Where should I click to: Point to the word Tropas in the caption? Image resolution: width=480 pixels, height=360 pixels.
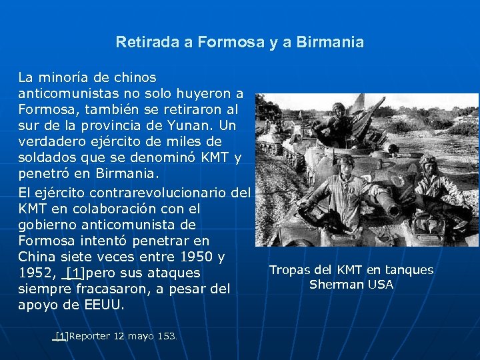(289, 270)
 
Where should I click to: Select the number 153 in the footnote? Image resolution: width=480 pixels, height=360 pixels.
(166, 337)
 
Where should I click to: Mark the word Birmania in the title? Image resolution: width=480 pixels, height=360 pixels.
(332, 43)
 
